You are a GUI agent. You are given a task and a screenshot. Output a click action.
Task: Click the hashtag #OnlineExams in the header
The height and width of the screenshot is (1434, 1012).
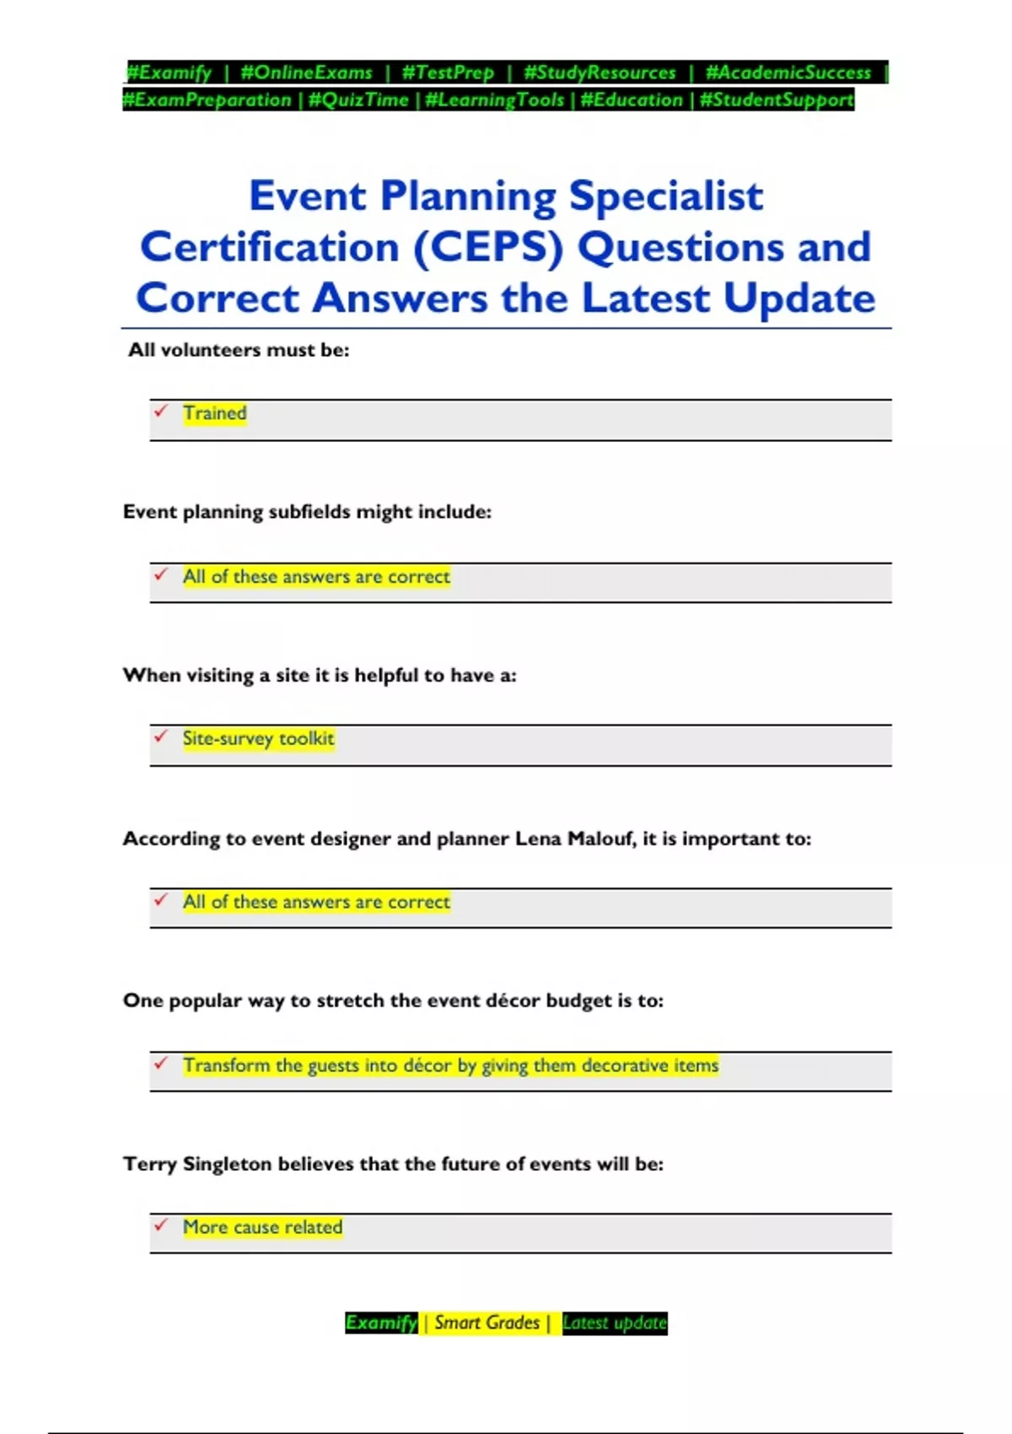point(306,73)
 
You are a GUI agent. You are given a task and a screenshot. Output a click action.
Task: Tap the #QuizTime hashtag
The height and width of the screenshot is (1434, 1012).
point(358,100)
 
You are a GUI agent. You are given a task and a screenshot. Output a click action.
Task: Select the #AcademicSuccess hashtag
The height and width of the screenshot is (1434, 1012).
point(788,73)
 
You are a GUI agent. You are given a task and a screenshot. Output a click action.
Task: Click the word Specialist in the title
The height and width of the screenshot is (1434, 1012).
point(665,196)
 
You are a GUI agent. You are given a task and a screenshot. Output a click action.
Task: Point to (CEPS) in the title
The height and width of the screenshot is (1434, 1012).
point(487,247)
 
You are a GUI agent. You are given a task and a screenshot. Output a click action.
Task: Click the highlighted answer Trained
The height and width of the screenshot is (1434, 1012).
point(215,413)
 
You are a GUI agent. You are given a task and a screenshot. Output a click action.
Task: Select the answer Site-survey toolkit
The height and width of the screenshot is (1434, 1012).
point(258,739)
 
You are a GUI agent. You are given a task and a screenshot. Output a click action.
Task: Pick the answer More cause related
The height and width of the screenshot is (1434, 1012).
point(262,1227)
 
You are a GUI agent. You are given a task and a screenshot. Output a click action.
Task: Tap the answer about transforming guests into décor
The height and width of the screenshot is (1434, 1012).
point(450,1065)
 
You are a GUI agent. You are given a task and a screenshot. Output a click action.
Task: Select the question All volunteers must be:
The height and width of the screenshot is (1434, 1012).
point(239,350)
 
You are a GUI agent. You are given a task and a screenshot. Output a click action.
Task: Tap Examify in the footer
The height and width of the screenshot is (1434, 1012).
point(381,1323)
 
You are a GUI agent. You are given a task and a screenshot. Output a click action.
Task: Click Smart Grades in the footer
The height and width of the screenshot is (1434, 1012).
point(487,1323)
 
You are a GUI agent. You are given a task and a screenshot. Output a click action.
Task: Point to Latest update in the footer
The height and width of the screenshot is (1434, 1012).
point(615,1323)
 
